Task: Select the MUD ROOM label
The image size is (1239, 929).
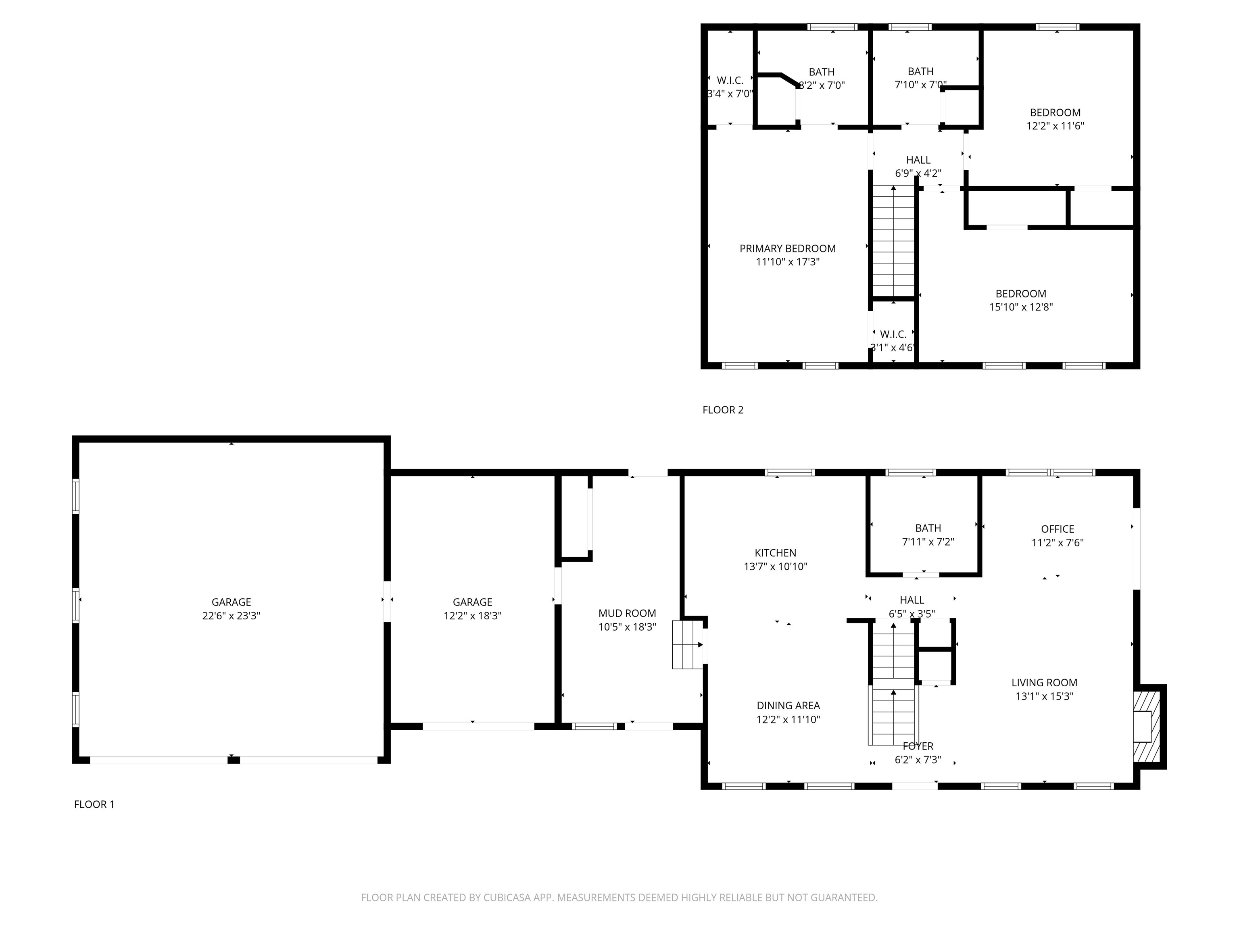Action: point(627,613)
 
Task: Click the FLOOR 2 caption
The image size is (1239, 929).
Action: point(723,410)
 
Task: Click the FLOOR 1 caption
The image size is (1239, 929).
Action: point(94,804)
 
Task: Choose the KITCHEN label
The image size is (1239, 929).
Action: point(775,553)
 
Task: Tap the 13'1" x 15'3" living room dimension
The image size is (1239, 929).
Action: point(1044,696)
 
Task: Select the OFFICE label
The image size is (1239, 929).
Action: point(1057,529)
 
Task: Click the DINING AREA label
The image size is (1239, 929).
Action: point(788,706)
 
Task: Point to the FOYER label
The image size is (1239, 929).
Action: point(918,746)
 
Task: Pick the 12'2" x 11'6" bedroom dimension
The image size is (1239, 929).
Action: point(1055,126)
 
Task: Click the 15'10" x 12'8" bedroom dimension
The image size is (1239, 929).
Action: point(1020,307)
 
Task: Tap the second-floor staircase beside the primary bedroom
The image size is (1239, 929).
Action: point(893,241)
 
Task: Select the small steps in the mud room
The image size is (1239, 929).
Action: point(687,644)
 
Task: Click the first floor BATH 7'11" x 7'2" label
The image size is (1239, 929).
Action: point(928,528)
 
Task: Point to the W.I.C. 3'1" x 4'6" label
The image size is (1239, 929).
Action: point(893,334)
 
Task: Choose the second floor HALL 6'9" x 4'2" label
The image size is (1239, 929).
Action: point(918,160)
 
